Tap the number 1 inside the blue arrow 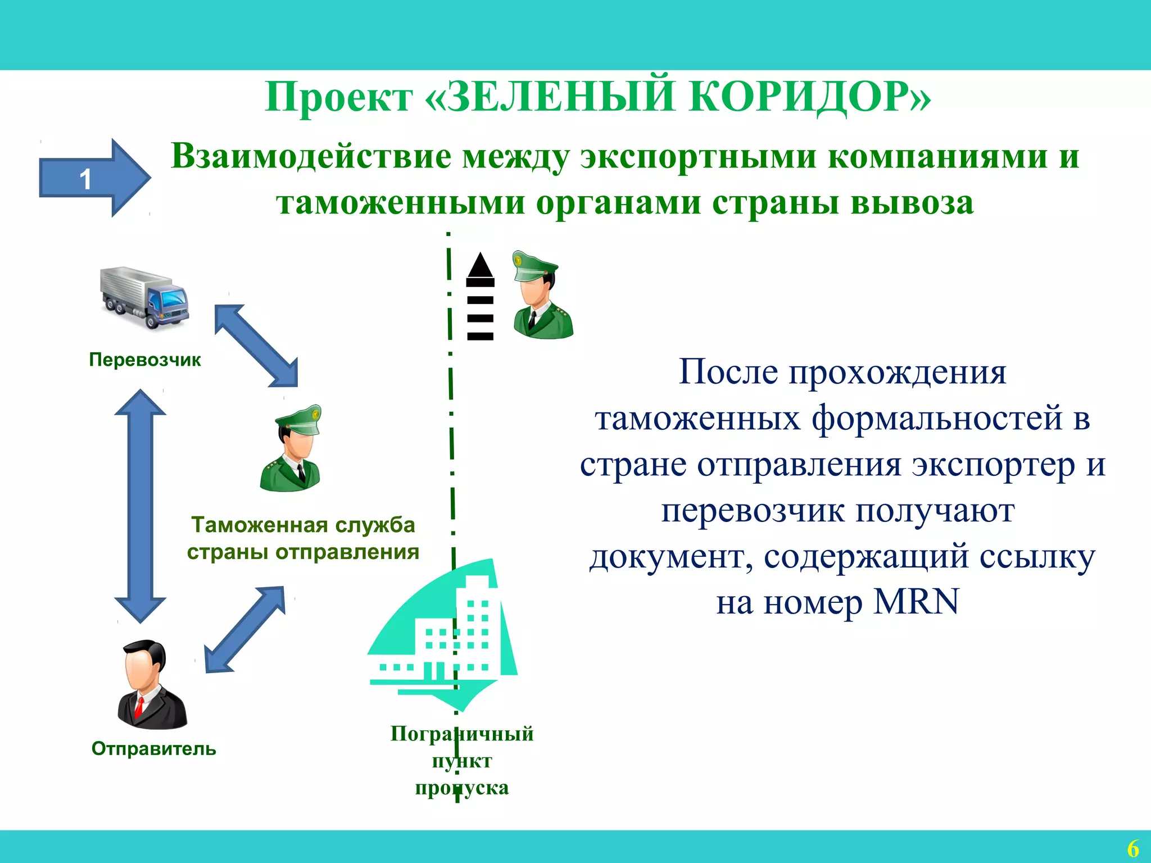(85, 180)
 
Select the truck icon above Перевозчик (145, 298)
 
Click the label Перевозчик (145, 360)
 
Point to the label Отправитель (153, 749)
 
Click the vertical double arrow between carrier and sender (140, 506)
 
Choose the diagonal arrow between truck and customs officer (256, 346)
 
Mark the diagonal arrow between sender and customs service (244, 629)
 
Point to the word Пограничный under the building (462, 734)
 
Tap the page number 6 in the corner (1133, 848)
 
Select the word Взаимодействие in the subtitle (311, 156)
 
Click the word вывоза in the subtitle (912, 202)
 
